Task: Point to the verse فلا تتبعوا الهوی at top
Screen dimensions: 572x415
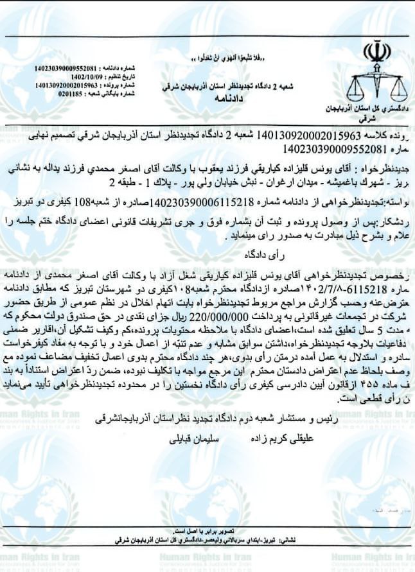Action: pos(225,59)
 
